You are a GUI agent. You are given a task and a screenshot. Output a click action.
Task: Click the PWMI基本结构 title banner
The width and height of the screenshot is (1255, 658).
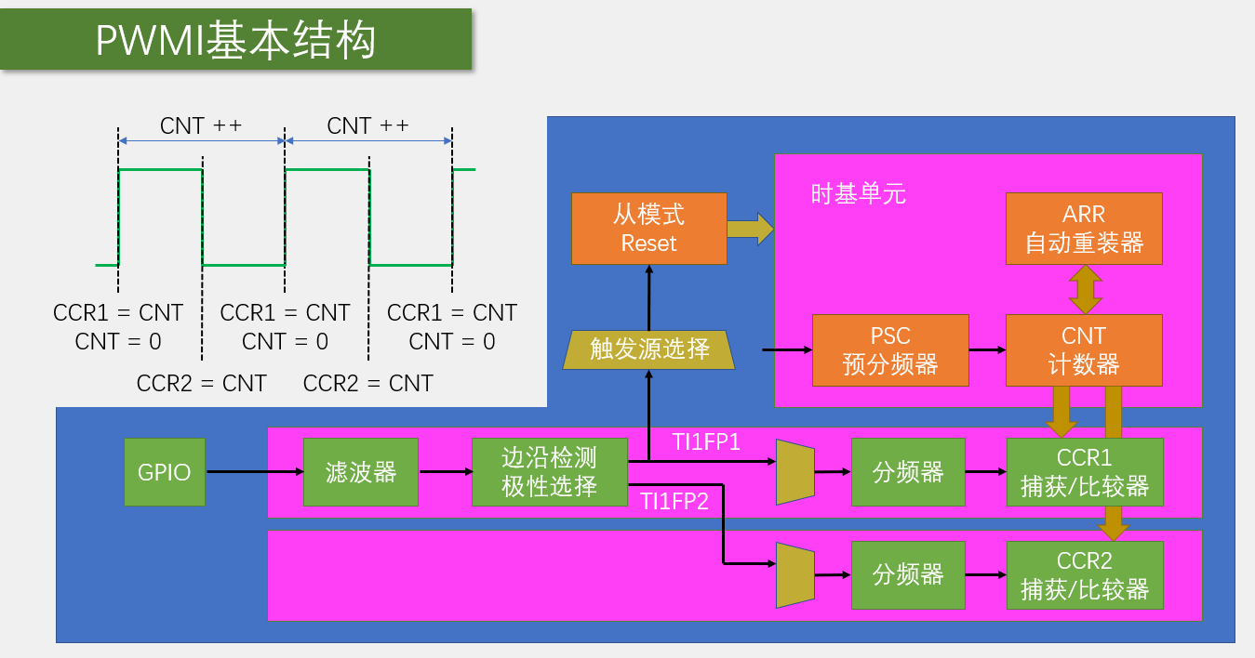click(235, 40)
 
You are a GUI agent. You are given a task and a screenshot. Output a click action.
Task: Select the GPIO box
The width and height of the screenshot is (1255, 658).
click(165, 472)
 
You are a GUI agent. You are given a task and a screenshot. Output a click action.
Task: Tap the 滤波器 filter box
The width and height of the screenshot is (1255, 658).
click(361, 472)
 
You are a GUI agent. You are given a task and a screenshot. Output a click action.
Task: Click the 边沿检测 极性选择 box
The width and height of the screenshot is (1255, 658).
click(550, 472)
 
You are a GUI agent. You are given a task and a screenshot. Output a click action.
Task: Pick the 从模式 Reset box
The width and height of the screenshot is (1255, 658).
click(648, 229)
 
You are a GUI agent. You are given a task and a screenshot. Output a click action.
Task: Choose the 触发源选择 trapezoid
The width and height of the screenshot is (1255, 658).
click(649, 349)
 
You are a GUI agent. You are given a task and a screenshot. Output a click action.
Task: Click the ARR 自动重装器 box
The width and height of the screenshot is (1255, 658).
click(1084, 229)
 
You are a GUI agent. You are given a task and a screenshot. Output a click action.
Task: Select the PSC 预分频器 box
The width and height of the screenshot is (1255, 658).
click(890, 349)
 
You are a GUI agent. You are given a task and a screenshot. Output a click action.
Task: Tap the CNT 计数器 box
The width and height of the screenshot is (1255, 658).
click(1084, 349)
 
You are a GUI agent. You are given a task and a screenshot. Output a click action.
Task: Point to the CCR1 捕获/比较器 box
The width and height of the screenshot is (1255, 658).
click(1085, 472)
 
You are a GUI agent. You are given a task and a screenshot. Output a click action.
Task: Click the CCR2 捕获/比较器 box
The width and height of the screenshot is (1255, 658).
click(1085, 574)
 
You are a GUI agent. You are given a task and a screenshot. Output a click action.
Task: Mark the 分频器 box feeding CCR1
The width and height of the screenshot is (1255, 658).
click(908, 472)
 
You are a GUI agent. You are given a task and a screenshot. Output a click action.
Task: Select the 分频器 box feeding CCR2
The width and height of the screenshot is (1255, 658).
click(908, 574)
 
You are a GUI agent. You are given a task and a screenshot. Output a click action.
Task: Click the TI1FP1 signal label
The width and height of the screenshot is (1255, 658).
click(707, 442)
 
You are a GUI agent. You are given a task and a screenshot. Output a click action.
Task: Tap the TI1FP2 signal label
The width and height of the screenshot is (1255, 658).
click(674, 502)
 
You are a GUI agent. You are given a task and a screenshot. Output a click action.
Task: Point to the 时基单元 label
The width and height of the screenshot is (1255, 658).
click(858, 194)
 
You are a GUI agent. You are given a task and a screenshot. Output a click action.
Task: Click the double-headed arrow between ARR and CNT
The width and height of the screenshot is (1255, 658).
click(1085, 289)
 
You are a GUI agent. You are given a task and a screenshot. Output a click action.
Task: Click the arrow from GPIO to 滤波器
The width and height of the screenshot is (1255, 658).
click(254, 472)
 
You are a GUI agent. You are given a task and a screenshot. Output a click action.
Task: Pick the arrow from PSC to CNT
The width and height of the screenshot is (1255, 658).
click(987, 349)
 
